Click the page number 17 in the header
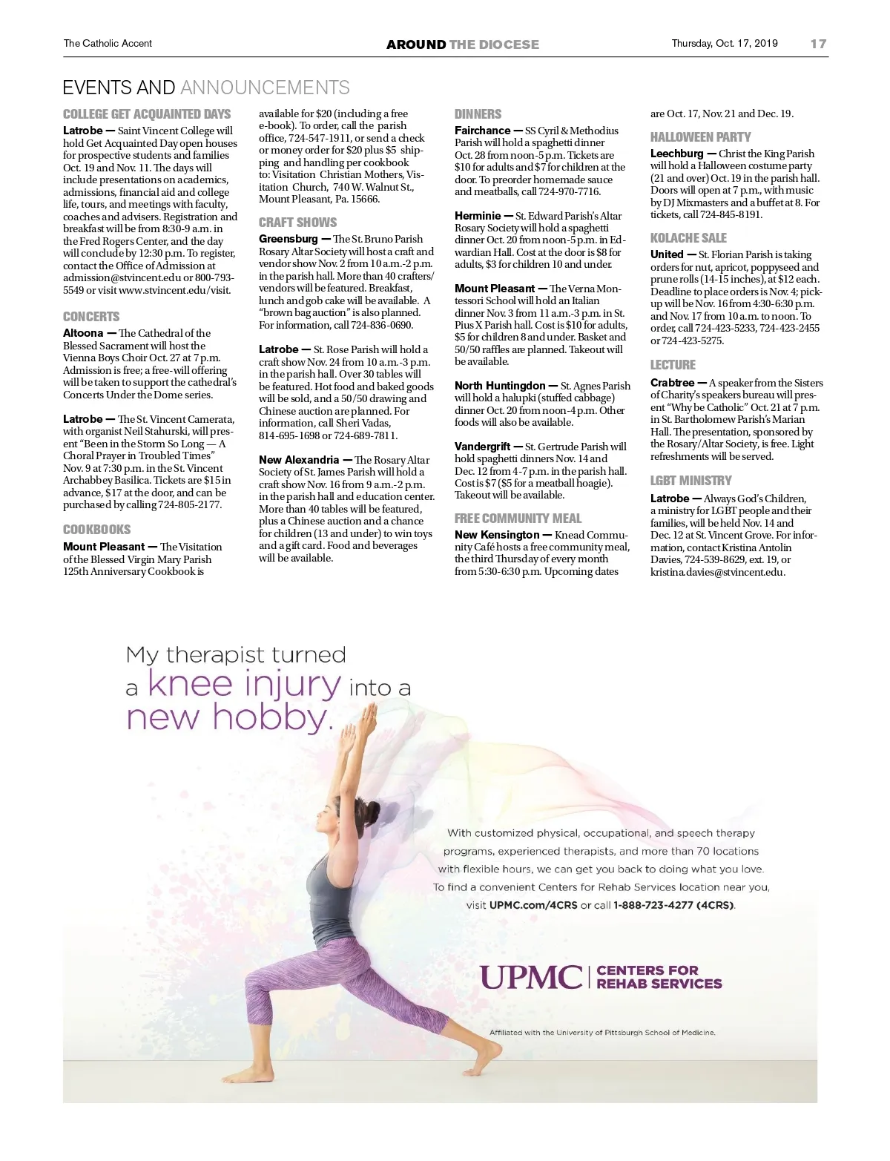click(x=818, y=44)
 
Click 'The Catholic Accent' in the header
click(x=108, y=43)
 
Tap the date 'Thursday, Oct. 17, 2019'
click(x=725, y=43)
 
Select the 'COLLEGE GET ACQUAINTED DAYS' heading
click(x=147, y=114)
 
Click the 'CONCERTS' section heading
click(x=91, y=317)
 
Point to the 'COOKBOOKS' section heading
click(x=96, y=530)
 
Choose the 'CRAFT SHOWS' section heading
click(x=297, y=223)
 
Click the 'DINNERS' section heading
click(x=478, y=114)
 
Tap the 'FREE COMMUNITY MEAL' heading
click(x=518, y=519)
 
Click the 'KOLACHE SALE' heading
click(x=688, y=238)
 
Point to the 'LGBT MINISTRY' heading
click(x=690, y=481)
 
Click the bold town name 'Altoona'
click(x=83, y=333)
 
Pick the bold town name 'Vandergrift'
click(x=482, y=447)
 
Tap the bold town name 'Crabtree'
click(x=672, y=383)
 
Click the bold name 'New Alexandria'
click(x=298, y=460)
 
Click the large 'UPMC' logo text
click(x=531, y=977)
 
